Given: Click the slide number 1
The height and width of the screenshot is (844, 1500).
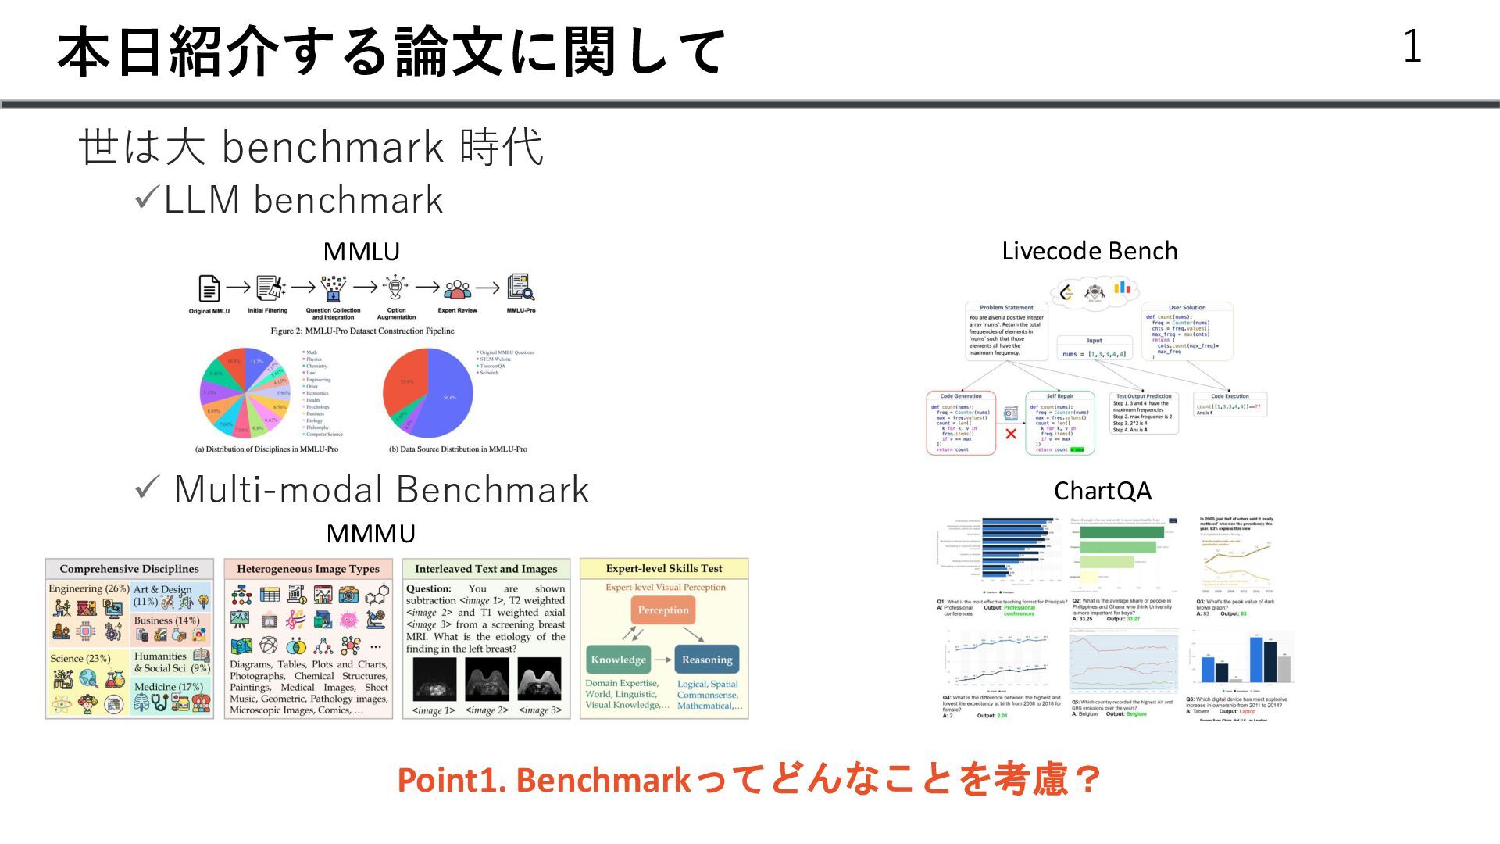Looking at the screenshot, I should [x=1412, y=46].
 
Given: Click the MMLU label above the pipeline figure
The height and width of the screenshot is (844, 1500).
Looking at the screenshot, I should [x=361, y=252].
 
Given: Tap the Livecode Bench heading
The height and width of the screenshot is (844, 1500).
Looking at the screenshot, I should [x=1089, y=251].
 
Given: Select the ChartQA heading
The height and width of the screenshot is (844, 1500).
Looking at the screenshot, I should [x=1102, y=491].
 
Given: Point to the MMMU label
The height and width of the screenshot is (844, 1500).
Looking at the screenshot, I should [x=370, y=534].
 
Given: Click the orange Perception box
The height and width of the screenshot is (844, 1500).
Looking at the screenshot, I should [x=663, y=610].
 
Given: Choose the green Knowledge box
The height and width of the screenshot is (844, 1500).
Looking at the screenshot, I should [x=618, y=660].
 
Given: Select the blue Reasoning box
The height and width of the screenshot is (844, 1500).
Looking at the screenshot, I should [x=707, y=660].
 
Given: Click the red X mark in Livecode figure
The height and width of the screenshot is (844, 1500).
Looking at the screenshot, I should [x=1011, y=434].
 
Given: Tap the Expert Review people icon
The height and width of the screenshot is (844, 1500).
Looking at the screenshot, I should [x=457, y=290].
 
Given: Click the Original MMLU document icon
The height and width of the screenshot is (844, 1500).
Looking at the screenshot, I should [x=209, y=289].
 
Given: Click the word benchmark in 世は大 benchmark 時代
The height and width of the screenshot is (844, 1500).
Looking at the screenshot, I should [x=333, y=147].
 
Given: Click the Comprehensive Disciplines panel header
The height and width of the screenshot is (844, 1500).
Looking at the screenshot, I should [x=129, y=569].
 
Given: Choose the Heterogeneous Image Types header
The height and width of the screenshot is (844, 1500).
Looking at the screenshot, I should [x=308, y=569].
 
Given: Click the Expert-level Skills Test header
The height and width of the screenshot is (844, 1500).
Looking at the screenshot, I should [x=663, y=569].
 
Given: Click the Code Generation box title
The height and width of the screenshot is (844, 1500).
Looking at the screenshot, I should [x=960, y=396].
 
